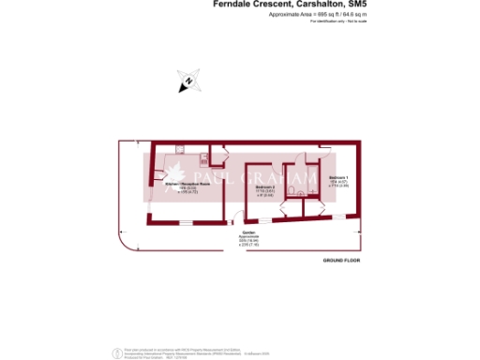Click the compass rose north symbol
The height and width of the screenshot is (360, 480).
[x=187, y=82]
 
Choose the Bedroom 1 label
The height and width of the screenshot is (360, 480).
[x=339, y=177]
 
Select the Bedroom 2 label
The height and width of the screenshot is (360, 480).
[x=264, y=187]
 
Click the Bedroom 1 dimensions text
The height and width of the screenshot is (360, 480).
[x=339, y=184]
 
